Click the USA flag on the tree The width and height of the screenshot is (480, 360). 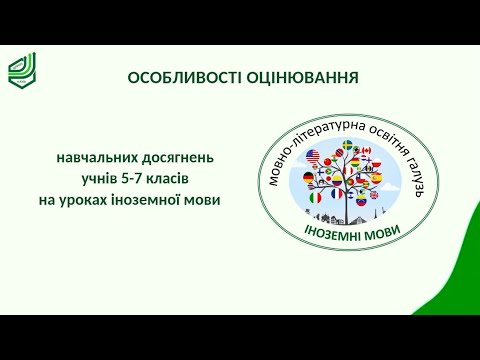pos(312,155)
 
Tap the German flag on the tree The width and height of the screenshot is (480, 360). pos(308,177)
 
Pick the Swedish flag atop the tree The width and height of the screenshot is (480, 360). pos(347,146)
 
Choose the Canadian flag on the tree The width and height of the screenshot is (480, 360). pos(366,152)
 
